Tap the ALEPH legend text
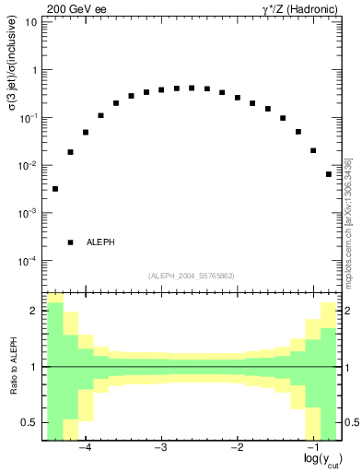tap(100, 242)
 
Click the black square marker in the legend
tap(70, 242)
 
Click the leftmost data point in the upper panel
tap(55, 189)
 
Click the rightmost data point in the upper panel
tap(329, 174)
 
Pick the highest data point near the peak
tap(192, 88)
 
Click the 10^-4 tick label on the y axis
tap(29, 261)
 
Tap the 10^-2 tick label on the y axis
tap(29, 165)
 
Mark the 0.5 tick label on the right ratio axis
tap(350, 422)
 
